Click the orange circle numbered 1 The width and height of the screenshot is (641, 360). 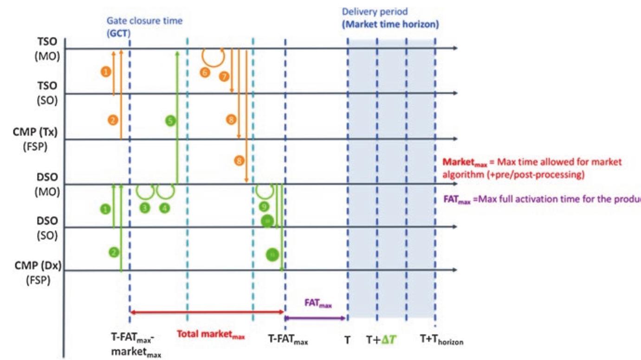(106, 72)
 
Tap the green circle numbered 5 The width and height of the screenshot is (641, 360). (170, 121)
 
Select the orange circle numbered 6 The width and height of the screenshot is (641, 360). (204, 72)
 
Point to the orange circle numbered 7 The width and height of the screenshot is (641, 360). (224, 75)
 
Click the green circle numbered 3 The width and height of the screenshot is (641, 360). (145, 208)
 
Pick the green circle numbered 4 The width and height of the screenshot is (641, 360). (164, 208)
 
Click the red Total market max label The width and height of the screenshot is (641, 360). (211, 334)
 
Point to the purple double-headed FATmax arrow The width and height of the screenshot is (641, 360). (315, 318)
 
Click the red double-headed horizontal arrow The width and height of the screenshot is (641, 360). (207, 313)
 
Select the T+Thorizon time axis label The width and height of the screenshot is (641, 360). (441, 340)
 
